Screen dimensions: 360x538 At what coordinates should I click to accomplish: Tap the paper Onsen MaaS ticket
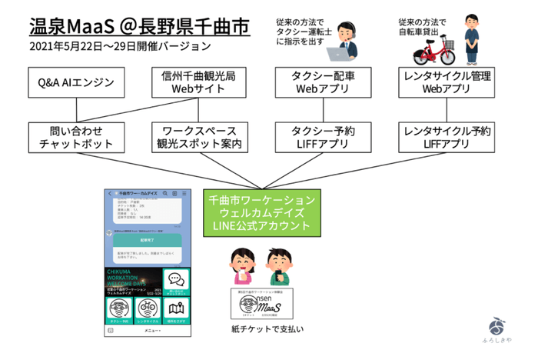[x=259, y=304]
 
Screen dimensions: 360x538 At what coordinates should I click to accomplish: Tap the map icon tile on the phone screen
[x=178, y=309]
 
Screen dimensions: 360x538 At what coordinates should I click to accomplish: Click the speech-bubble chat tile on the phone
[x=178, y=280]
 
